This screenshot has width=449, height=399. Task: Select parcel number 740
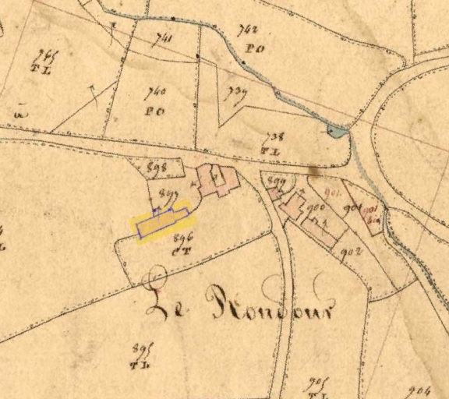(x=155, y=92)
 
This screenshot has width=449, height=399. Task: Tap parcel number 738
(x=274, y=136)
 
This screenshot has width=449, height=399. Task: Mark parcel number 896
(x=183, y=237)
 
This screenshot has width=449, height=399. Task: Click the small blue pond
(x=336, y=132)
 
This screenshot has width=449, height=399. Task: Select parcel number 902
(x=350, y=250)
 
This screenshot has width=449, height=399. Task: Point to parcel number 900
(x=316, y=208)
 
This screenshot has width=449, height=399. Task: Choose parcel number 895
(x=141, y=348)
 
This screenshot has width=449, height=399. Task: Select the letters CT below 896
(x=182, y=250)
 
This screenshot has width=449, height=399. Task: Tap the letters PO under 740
(x=154, y=111)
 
